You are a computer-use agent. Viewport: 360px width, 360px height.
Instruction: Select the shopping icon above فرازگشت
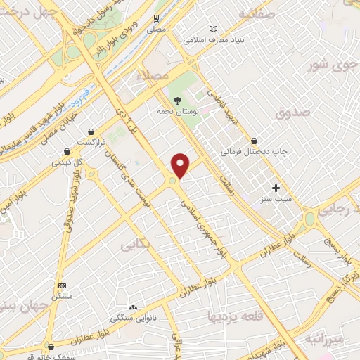click(91, 131)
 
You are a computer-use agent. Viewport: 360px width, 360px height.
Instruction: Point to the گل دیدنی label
click(67, 162)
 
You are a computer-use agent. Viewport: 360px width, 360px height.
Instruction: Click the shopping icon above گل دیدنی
click(67, 150)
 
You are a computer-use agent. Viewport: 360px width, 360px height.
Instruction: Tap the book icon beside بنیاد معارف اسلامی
click(214, 30)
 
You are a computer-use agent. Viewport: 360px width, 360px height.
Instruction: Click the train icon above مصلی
click(155, 20)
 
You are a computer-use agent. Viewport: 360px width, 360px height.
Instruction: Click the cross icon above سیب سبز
click(276, 188)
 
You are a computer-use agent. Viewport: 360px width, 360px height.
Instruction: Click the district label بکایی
click(136, 245)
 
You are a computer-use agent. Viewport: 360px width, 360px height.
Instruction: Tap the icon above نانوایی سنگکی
click(133, 307)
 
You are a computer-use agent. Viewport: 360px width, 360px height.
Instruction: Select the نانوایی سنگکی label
click(133, 319)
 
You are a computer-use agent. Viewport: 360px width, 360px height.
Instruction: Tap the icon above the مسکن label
click(62, 286)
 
